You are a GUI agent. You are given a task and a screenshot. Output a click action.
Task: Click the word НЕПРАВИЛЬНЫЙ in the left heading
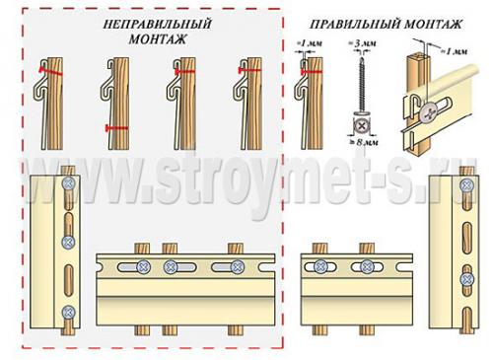[158, 25]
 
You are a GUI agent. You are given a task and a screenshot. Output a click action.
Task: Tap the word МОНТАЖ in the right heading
[433, 25]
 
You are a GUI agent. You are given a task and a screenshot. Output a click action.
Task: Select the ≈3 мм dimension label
[362, 43]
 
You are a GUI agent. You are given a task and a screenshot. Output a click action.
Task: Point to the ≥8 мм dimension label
[363, 142]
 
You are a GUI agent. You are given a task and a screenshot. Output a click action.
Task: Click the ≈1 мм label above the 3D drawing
[454, 51]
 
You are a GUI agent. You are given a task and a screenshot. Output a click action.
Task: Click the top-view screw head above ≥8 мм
[362, 125]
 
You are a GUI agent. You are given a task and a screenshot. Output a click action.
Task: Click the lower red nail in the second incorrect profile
[117, 128]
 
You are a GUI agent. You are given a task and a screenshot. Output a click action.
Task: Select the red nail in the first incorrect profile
[50, 71]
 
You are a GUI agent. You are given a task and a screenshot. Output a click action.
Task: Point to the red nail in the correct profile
[312, 72]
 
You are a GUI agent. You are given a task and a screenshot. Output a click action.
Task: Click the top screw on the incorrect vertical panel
[69, 183]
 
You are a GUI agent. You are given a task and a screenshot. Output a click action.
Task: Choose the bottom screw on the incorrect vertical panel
[68, 312]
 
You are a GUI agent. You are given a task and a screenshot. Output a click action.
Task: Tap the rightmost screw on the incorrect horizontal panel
[238, 267]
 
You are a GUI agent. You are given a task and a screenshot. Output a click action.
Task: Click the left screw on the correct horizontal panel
[319, 267]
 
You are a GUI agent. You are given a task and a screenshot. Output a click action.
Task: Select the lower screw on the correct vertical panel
[466, 279]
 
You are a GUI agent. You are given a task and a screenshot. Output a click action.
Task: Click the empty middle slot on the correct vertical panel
[466, 235]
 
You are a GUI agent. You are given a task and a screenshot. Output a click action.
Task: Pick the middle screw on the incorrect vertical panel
[69, 243]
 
